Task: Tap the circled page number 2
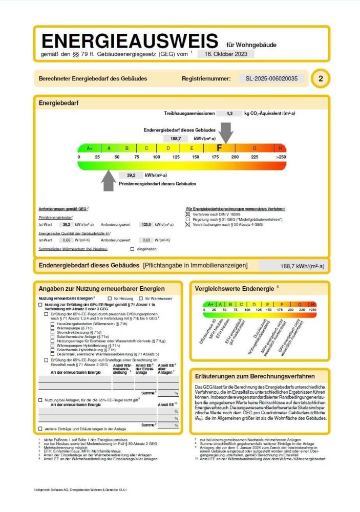pyautogui.click(x=321, y=79)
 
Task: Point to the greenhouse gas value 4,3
pyautogui.click(x=229, y=113)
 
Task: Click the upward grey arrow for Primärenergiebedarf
pyautogui.click(x=108, y=180)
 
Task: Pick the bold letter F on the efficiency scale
pyautogui.click(x=219, y=148)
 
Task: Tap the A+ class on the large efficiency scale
pyautogui.click(x=89, y=148)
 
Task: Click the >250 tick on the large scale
pyautogui.click(x=281, y=157)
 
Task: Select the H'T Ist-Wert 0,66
pyautogui.click(x=66, y=240)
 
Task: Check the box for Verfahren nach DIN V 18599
pyautogui.click(x=187, y=214)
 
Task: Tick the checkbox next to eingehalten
pyautogui.click(x=132, y=249)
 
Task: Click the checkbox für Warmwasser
pyautogui.click(x=140, y=298)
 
